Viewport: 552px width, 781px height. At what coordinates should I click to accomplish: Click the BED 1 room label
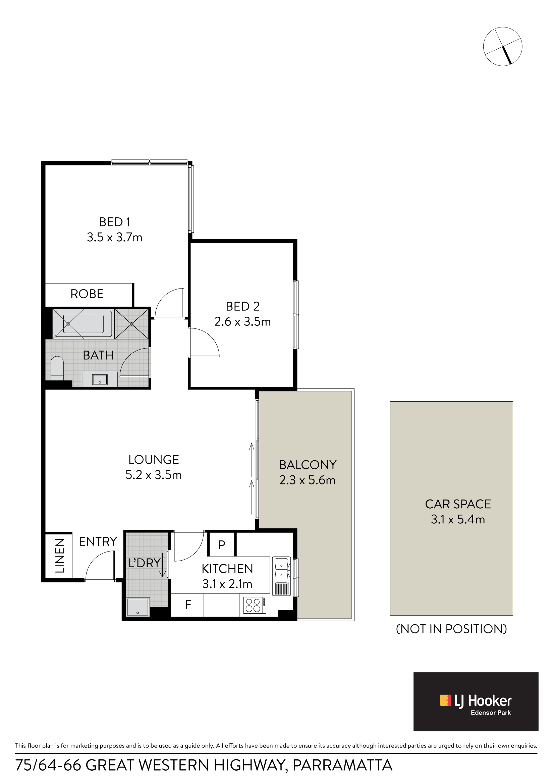tap(115, 222)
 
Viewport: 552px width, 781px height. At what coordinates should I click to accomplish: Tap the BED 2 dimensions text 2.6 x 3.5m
tap(242, 321)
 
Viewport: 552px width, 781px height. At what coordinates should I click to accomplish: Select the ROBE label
tap(87, 294)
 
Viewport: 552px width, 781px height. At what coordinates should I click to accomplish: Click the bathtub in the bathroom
tap(83, 324)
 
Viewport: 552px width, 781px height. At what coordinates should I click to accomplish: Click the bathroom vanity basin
tap(100, 379)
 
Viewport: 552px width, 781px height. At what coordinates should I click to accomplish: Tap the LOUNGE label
tap(153, 460)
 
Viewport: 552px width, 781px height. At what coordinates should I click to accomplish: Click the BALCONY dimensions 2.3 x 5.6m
tap(308, 480)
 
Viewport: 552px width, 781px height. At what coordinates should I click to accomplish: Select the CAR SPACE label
tap(458, 504)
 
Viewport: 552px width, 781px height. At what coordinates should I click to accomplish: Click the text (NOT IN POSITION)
tap(451, 629)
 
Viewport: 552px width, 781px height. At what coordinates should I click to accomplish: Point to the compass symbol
tap(502, 46)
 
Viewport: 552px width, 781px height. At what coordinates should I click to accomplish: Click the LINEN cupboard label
tap(60, 556)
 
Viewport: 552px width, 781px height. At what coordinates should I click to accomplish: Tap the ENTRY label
tap(98, 541)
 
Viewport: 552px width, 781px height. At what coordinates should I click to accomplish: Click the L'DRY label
tap(145, 563)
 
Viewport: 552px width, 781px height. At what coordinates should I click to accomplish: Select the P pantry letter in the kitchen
tap(222, 544)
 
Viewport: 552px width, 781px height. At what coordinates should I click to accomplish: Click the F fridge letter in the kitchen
tap(188, 605)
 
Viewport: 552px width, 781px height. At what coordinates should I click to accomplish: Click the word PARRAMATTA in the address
tap(342, 765)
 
